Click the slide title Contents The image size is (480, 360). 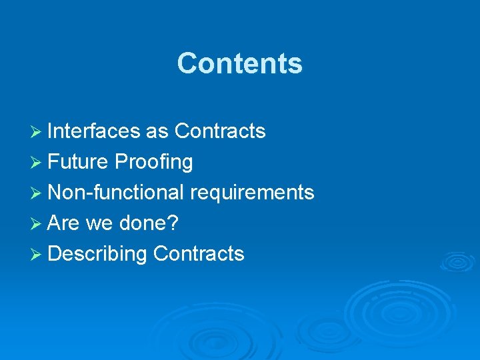click(x=239, y=64)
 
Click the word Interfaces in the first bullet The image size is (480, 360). click(x=93, y=131)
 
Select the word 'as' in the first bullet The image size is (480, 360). click(x=157, y=131)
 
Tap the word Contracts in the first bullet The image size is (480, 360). click(x=219, y=131)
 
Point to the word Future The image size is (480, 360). click(x=78, y=162)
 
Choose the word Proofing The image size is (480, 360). click(x=153, y=162)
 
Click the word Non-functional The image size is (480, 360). click(x=116, y=193)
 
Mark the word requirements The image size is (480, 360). click(x=252, y=193)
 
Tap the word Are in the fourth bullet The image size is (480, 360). click(x=64, y=223)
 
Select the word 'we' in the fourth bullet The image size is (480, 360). click(x=99, y=223)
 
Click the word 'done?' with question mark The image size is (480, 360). click(x=149, y=223)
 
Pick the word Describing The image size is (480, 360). click(x=97, y=254)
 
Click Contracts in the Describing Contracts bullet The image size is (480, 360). click(x=199, y=254)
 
